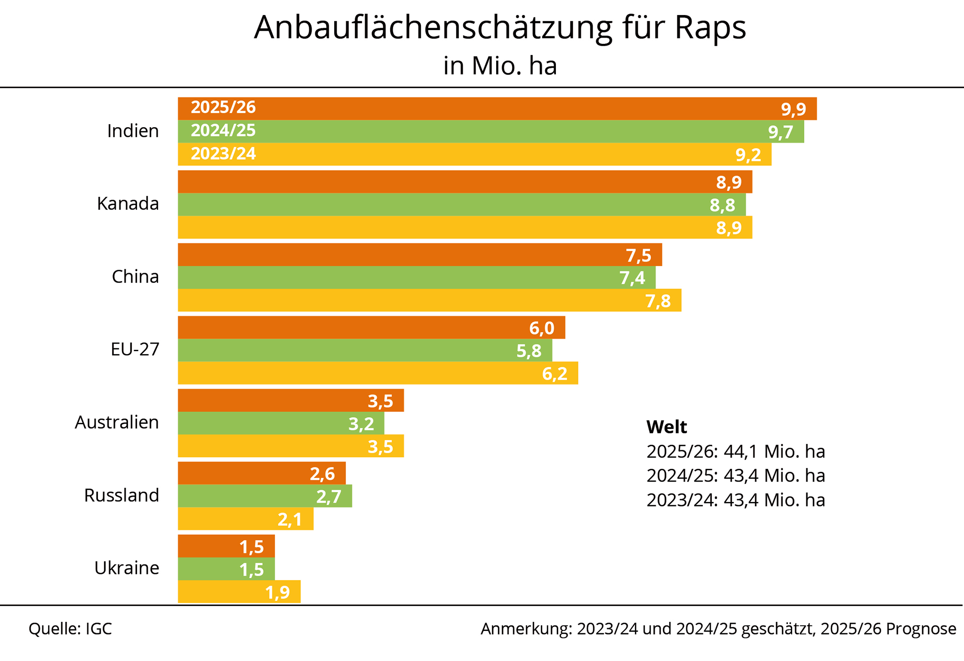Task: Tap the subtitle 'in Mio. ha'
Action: click(500, 66)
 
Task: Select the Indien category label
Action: click(133, 131)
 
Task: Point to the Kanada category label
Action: click(128, 204)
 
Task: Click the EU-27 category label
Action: click(135, 349)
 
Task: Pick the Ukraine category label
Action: click(127, 568)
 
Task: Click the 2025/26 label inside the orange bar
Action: click(223, 108)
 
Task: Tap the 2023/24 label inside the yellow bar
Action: click(223, 154)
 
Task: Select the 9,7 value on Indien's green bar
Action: click(781, 133)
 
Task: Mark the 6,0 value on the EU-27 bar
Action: click(541, 328)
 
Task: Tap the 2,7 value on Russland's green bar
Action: click(329, 497)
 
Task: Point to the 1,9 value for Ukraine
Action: click(278, 592)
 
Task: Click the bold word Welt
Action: click(667, 427)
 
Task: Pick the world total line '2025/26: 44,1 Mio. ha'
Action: click(735, 451)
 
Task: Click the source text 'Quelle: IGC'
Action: click(70, 629)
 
